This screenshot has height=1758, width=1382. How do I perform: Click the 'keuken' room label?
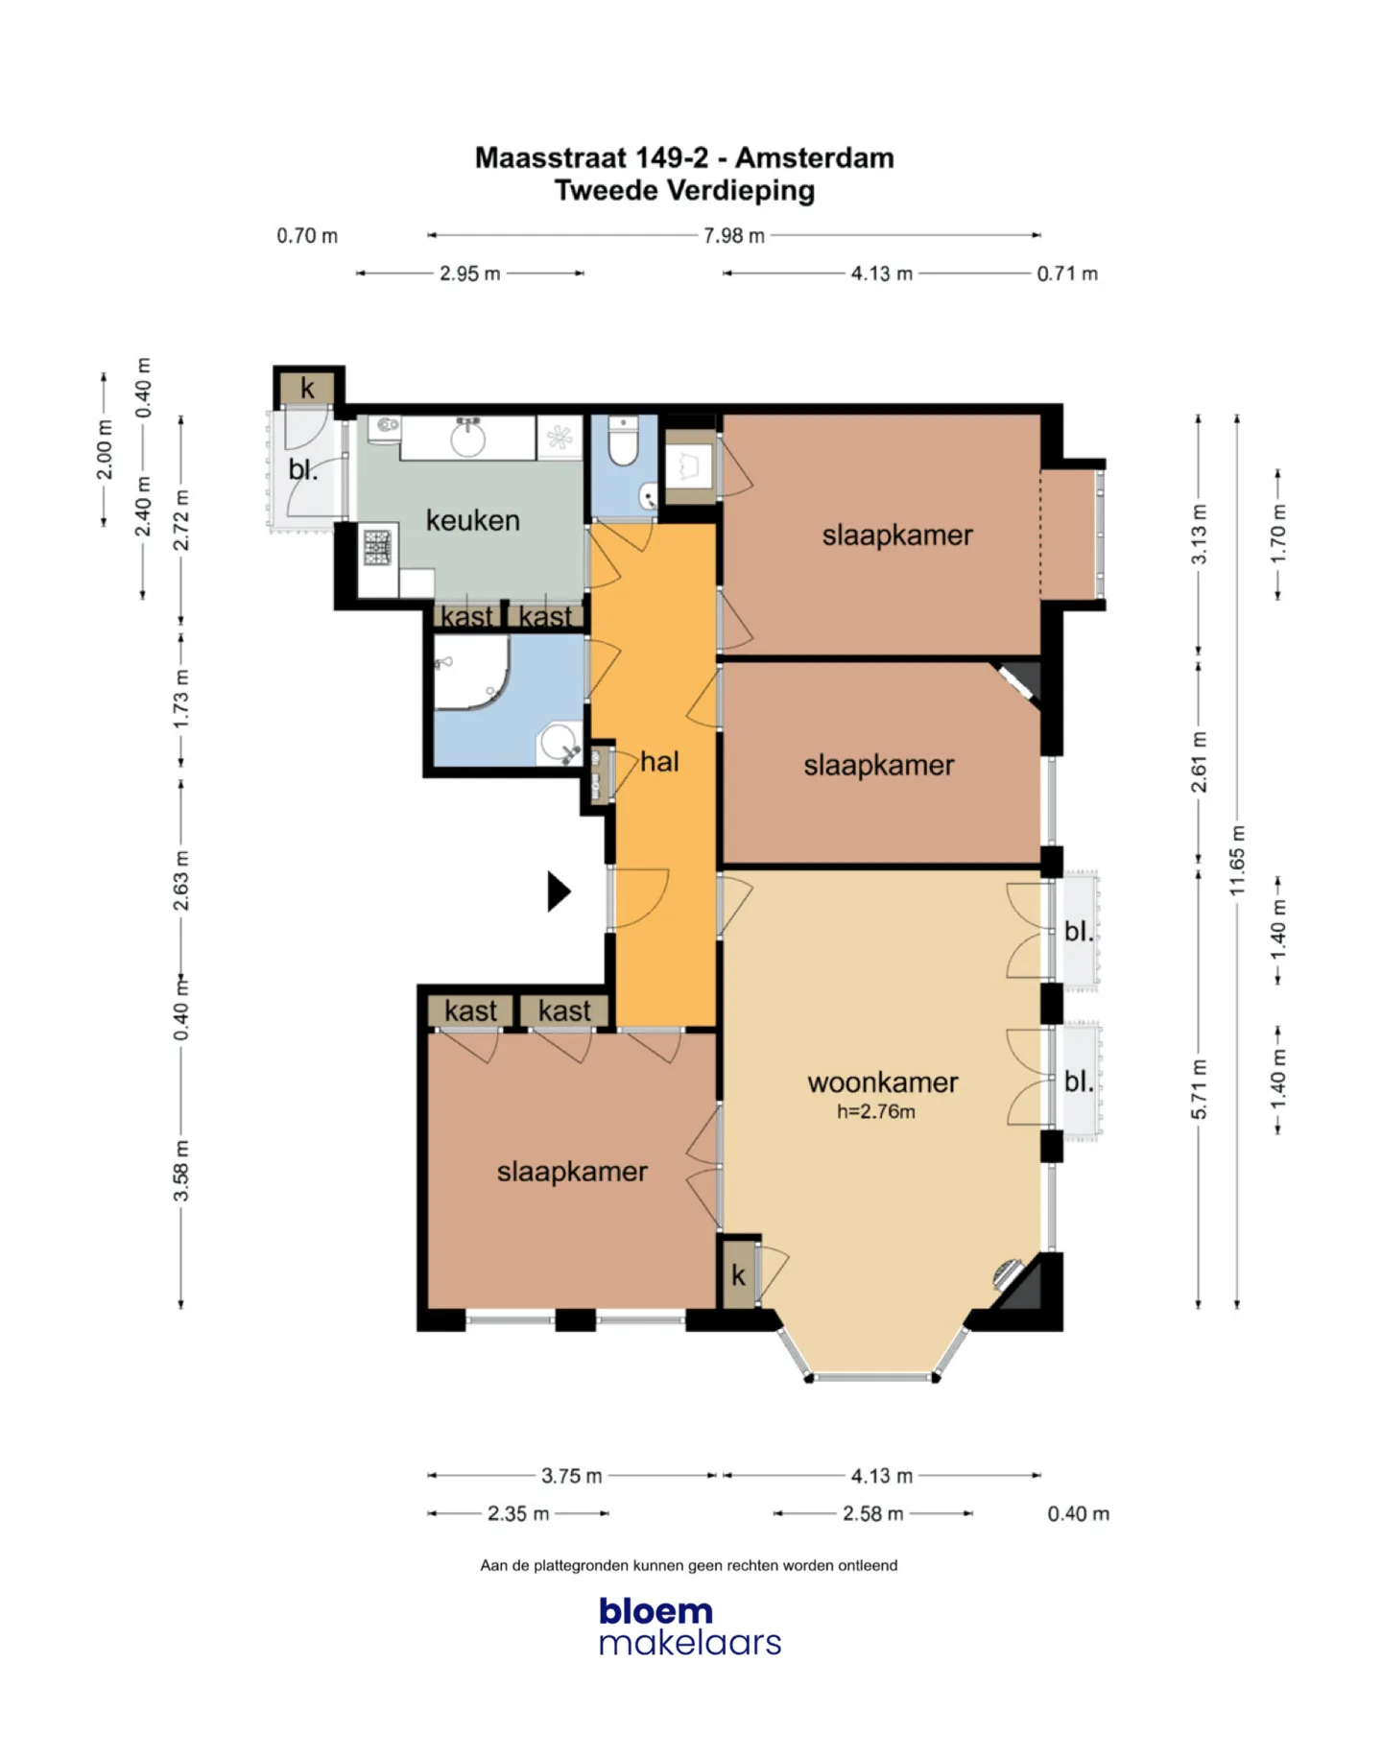tap(472, 520)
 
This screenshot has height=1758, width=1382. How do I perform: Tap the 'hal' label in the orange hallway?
tap(659, 762)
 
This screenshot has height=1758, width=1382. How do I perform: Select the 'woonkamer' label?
tap(883, 1082)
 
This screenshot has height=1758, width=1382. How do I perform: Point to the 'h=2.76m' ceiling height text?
tap(876, 1111)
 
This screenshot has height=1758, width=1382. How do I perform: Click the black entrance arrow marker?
tap(559, 891)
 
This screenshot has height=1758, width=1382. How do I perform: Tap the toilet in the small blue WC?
tap(623, 440)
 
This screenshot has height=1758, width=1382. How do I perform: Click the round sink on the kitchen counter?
tap(468, 439)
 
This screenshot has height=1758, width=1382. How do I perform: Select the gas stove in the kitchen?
tap(377, 548)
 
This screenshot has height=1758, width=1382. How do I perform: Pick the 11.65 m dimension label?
tap(1238, 861)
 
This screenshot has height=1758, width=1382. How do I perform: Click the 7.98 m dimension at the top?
tap(734, 235)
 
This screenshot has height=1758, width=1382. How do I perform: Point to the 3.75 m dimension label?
tap(572, 1476)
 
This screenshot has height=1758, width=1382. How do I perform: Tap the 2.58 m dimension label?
tap(873, 1513)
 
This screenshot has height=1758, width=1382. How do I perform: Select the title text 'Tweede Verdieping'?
tap(685, 190)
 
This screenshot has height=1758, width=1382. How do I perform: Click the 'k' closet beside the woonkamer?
tap(738, 1274)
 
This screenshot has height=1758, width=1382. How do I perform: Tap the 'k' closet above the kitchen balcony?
tap(307, 388)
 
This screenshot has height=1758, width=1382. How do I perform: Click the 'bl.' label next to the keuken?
tap(302, 469)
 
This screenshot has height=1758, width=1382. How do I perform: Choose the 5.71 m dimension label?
tap(1199, 1089)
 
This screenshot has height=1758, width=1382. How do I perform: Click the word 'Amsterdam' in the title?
tap(815, 157)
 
